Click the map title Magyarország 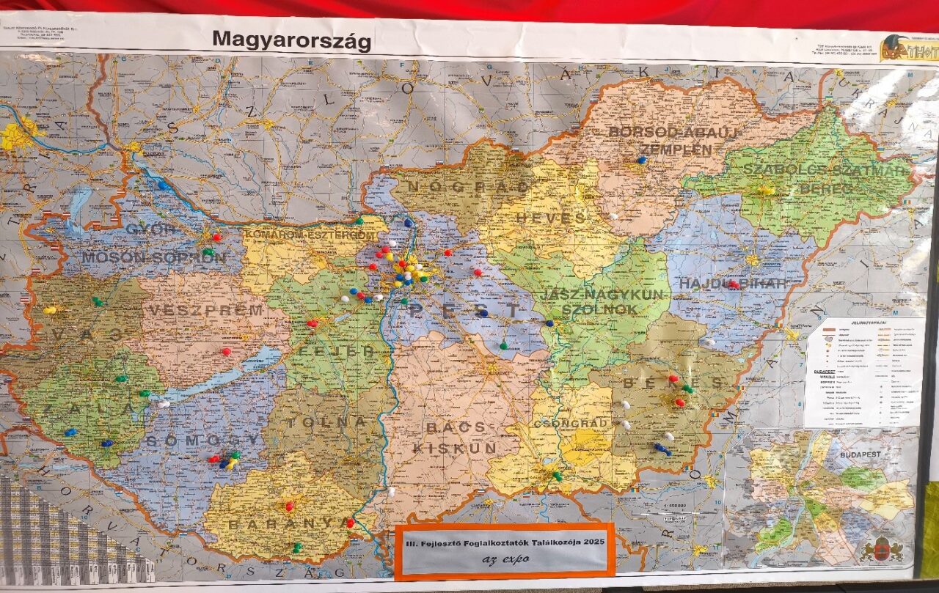291,40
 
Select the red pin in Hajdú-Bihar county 732,284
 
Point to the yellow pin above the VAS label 49,310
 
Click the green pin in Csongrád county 557,476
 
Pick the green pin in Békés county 687,388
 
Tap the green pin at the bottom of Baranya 296,547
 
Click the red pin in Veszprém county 226,352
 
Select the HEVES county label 550,218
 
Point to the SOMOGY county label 202,440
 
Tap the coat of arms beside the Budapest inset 881,548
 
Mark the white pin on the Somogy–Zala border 164,404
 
